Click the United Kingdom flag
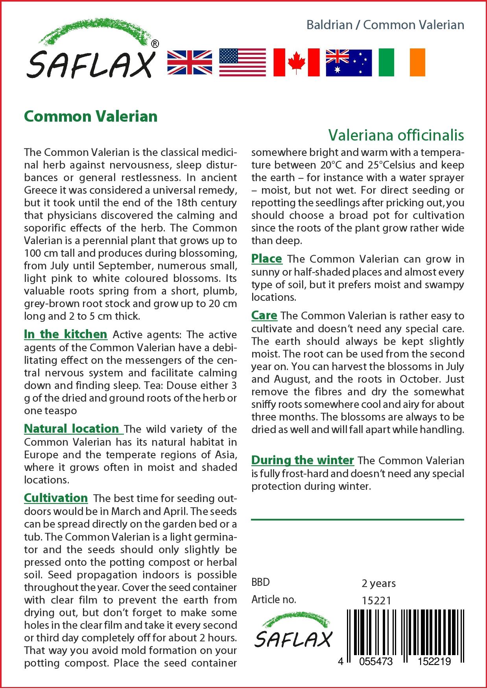(190, 63)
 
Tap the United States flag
(242, 63)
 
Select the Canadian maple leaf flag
(296, 63)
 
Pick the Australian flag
(349, 63)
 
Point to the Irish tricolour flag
(402, 63)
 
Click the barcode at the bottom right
(405, 634)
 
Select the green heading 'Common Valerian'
(91, 116)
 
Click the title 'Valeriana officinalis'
(396, 135)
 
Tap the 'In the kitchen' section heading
(65, 334)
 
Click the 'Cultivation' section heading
(56, 498)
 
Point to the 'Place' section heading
(267, 259)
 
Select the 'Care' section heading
(264, 315)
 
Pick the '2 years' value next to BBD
(378, 583)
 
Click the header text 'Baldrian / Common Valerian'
(385, 25)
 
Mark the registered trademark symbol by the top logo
(155, 44)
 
